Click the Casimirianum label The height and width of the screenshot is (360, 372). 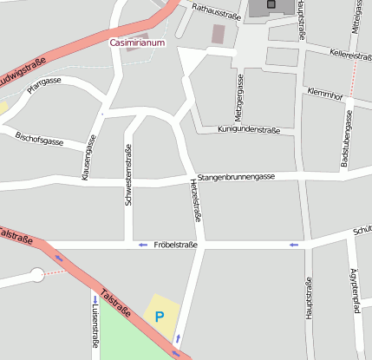click(x=137, y=42)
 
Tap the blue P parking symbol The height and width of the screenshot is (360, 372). click(x=159, y=317)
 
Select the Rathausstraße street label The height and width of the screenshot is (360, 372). click(x=216, y=12)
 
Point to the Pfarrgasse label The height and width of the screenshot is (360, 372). click(x=43, y=84)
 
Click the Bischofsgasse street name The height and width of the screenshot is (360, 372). click(x=40, y=140)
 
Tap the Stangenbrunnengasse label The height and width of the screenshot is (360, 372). click(x=236, y=177)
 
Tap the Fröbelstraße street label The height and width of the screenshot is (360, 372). click(x=175, y=245)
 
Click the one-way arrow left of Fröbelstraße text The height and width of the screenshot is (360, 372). click(x=143, y=245)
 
